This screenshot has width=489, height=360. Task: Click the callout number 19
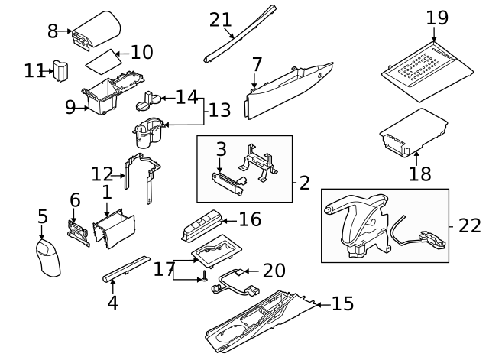tap(437, 17)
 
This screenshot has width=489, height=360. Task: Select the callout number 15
tap(342, 304)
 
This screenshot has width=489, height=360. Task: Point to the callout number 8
tap(53, 31)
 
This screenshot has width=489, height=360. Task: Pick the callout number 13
tap(219, 111)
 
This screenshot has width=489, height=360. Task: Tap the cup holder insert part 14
tap(150, 99)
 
